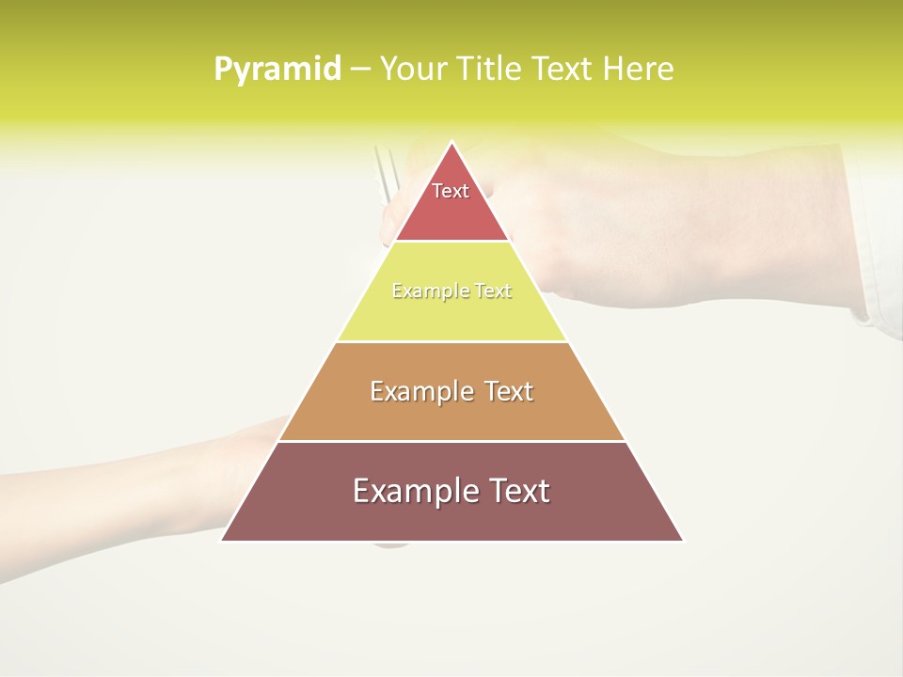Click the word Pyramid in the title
[x=277, y=69]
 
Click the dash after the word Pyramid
[x=359, y=70]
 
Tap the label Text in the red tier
[x=451, y=191]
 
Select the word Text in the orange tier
[x=508, y=391]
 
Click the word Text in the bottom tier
[x=515, y=491]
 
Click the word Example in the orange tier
[x=420, y=391]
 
